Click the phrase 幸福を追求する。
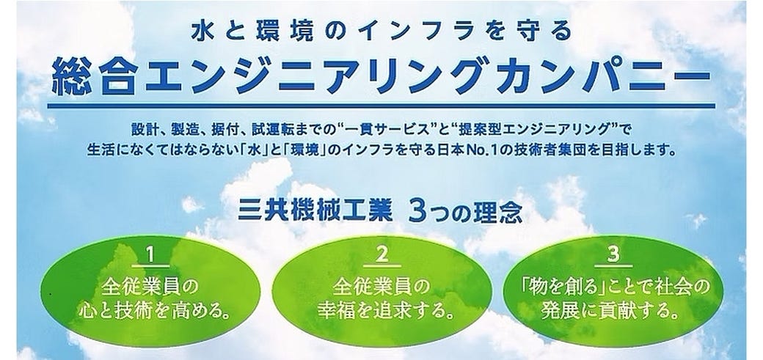point(382,312)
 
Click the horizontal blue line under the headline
point(381,105)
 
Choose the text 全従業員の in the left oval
point(150,287)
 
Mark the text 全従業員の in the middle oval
point(382,287)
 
